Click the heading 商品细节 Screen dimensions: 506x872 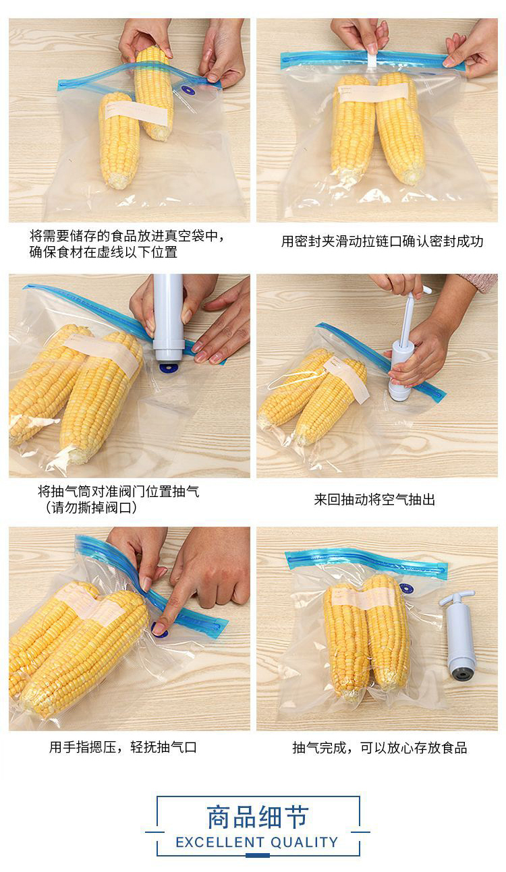coord(258,817)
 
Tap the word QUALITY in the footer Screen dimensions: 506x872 coord(304,842)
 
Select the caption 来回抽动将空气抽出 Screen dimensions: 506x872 coord(374,500)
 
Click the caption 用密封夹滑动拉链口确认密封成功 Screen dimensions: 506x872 coord(382,241)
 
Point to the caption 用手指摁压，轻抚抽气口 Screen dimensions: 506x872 coord(123,747)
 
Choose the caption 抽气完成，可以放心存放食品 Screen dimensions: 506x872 coord(379,747)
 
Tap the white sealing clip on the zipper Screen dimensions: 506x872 coord(372,60)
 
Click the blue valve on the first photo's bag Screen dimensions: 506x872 coord(189,90)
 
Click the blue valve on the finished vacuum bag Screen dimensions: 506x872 coord(406,588)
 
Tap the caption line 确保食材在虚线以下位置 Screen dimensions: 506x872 coord(103,252)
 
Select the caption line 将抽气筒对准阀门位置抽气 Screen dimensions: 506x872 coord(119,491)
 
